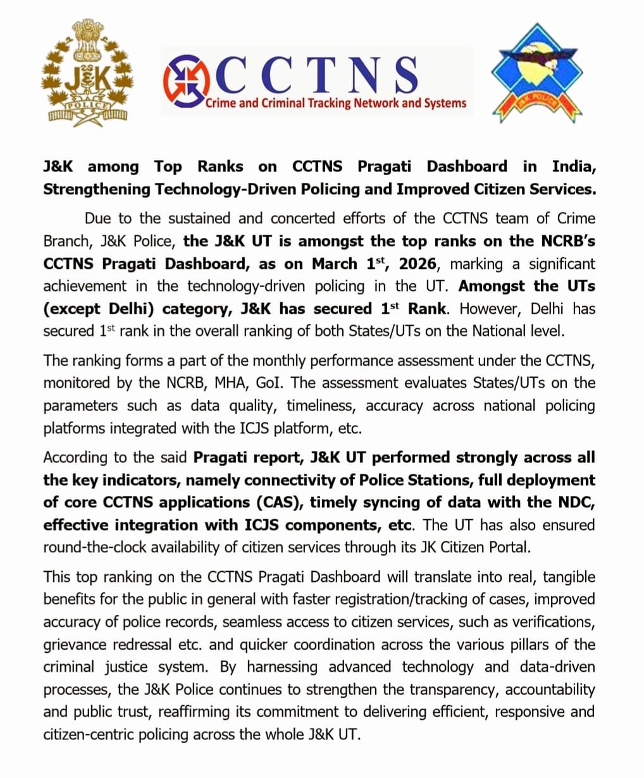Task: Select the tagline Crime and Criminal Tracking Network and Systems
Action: click(336, 103)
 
